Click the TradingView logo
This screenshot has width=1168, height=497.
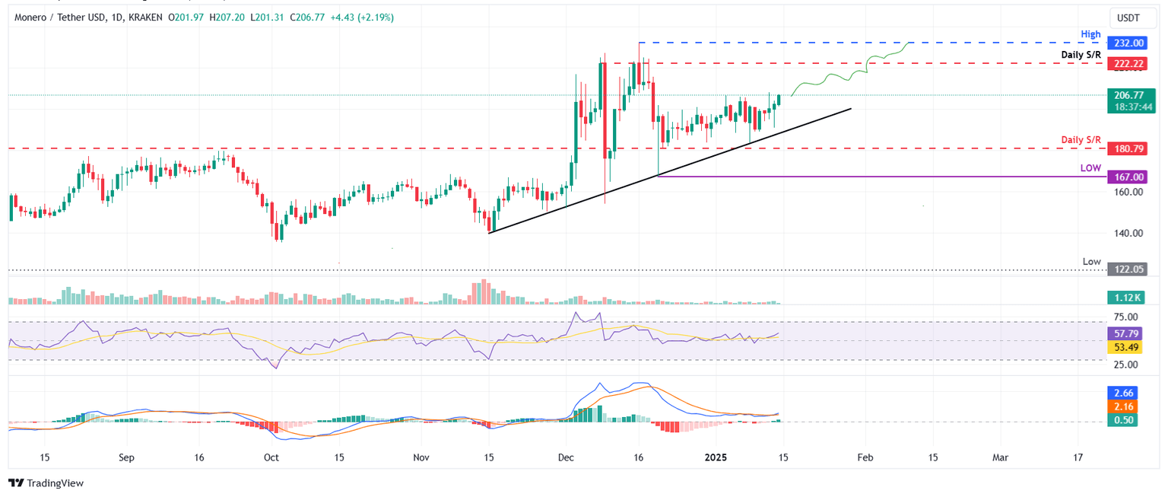pos(46,483)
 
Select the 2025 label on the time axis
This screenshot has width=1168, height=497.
pos(717,457)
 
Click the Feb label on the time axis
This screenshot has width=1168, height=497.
pos(864,457)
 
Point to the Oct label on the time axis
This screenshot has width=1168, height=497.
pos(271,457)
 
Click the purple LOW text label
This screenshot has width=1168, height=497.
pos(1090,167)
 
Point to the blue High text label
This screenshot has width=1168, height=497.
pos(1090,34)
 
